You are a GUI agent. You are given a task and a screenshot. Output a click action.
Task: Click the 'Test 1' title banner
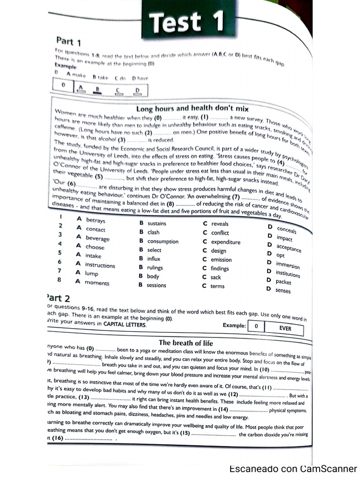click(x=186, y=22)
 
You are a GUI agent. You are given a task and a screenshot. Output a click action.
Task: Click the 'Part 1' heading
click(x=69, y=41)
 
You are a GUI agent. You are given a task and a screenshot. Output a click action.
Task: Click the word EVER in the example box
click(x=285, y=328)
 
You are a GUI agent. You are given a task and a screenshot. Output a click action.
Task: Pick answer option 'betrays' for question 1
click(x=96, y=220)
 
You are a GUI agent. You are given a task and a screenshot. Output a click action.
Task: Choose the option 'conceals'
click(x=286, y=230)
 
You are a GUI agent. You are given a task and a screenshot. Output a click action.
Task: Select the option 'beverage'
click(x=97, y=238)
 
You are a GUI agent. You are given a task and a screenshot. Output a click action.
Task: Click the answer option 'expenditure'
click(x=225, y=242)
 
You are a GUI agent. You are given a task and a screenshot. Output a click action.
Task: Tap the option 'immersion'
click(x=288, y=265)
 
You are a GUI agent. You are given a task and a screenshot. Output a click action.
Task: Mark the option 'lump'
click(x=91, y=273)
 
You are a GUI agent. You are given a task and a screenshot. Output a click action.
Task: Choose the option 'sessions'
click(x=156, y=285)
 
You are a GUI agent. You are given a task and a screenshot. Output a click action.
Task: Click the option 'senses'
click(x=283, y=291)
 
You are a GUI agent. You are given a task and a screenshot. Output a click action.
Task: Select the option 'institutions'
click(x=288, y=274)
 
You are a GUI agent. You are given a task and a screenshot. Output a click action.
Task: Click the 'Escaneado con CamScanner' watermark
click(x=293, y=469)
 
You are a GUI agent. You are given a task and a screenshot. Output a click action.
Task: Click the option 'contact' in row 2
click(x=96, y=229)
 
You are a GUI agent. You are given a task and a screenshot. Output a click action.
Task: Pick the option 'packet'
click(x=283, y=282)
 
